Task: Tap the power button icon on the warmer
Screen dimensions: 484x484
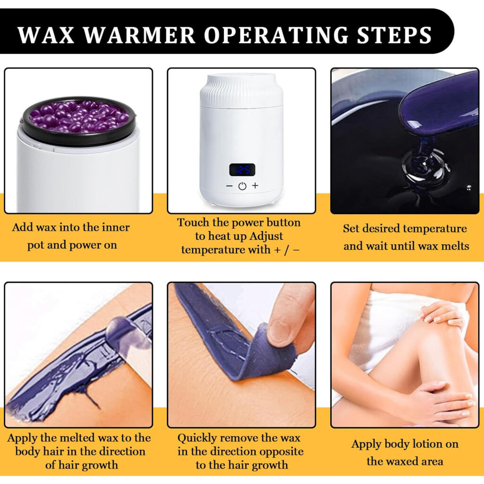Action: [x=242, y=186]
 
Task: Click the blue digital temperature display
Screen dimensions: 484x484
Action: [x=242, y=170]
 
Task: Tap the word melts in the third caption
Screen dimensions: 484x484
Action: [x=453, y=246]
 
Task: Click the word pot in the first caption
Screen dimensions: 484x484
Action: [x=35, y=245]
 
